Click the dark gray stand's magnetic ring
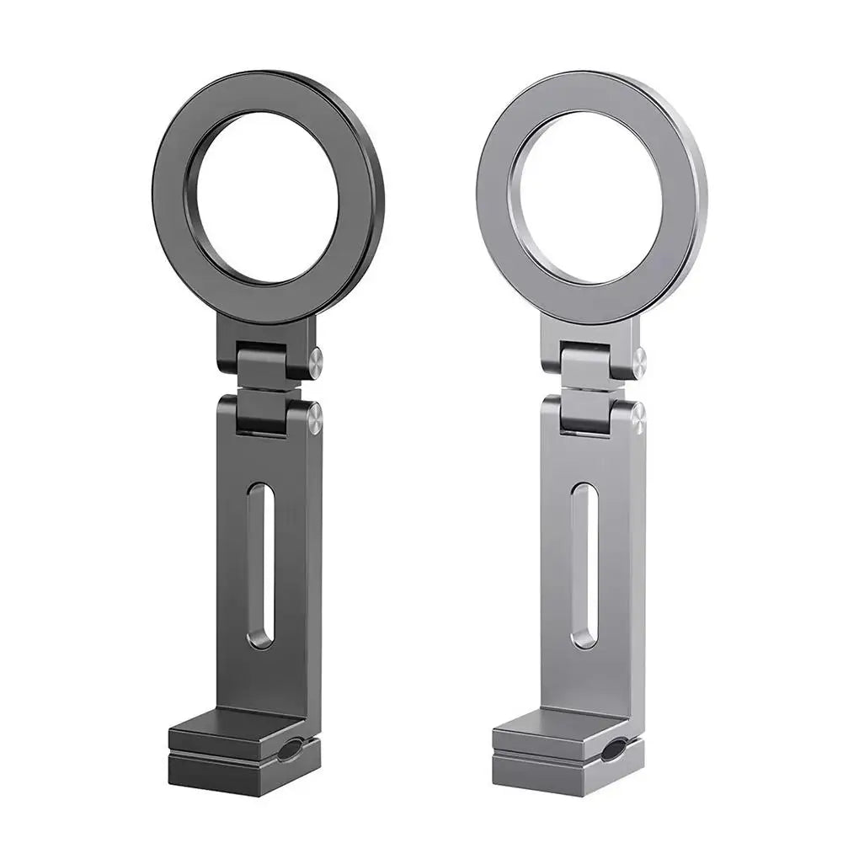pos(173,198)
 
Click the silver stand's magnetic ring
pos(497,198)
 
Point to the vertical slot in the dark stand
pos(261,564)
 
